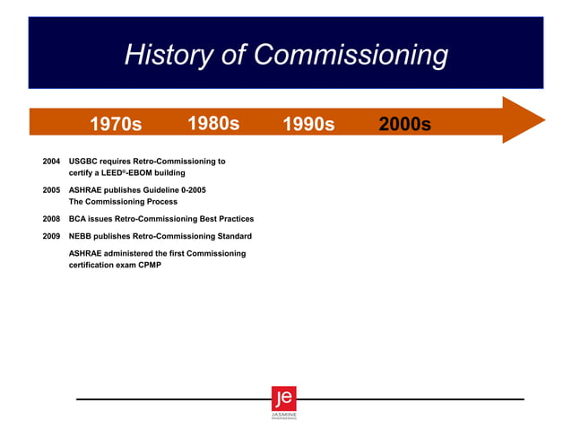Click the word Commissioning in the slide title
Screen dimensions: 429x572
click(351, 56)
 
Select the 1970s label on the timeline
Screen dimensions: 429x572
click(116, 124)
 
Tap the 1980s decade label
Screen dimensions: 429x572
click(213, 123)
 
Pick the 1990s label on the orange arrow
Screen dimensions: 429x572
click(308, 124)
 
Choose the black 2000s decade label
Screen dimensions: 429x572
click(404, 124)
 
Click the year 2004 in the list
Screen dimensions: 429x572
click(51, 162)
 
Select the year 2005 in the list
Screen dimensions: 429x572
click(51, 191)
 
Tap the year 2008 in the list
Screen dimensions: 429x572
click(51, 219)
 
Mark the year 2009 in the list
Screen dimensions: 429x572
click(51, 236)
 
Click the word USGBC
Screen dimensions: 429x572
click(84, 162)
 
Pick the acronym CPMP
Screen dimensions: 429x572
click(149, 265)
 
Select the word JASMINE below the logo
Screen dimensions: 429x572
click(283, 415)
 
